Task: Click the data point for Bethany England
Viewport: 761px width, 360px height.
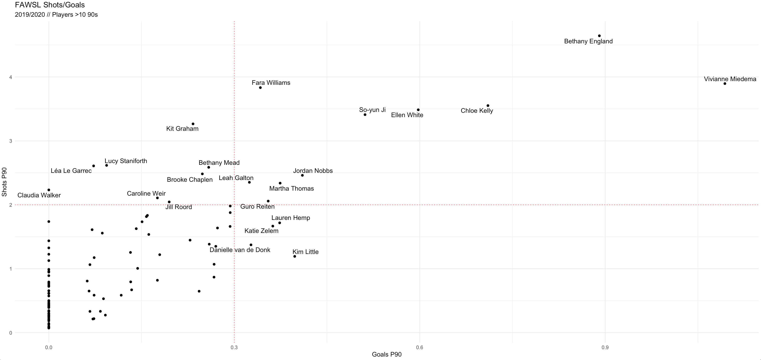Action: (x=599, y=36)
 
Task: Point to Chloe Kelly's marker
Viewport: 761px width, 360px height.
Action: (x=488, y=106)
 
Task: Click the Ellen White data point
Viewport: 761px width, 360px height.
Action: (x=418, y=110)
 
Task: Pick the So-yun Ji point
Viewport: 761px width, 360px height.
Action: (x=365, y=115)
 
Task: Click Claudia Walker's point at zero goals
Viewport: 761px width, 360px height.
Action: (x=49, y=190)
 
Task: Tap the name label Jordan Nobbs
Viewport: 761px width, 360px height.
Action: (x=313, y=171)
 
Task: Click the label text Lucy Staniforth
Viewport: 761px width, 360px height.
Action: (x=126, y=161)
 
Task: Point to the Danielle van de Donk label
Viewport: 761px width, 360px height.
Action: (x=240, y=250)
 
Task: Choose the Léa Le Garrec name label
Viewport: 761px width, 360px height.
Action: (x=71, y=171)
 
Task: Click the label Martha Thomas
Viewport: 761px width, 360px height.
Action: (x=292, y=189)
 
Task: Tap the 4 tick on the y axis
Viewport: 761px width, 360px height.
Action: (x=11, y=77)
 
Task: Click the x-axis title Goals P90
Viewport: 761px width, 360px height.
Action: (x=387, y=354)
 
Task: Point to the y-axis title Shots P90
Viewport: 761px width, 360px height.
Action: (x=4, y=182)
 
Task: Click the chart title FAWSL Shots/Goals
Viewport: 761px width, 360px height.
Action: (x=50, y=5)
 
